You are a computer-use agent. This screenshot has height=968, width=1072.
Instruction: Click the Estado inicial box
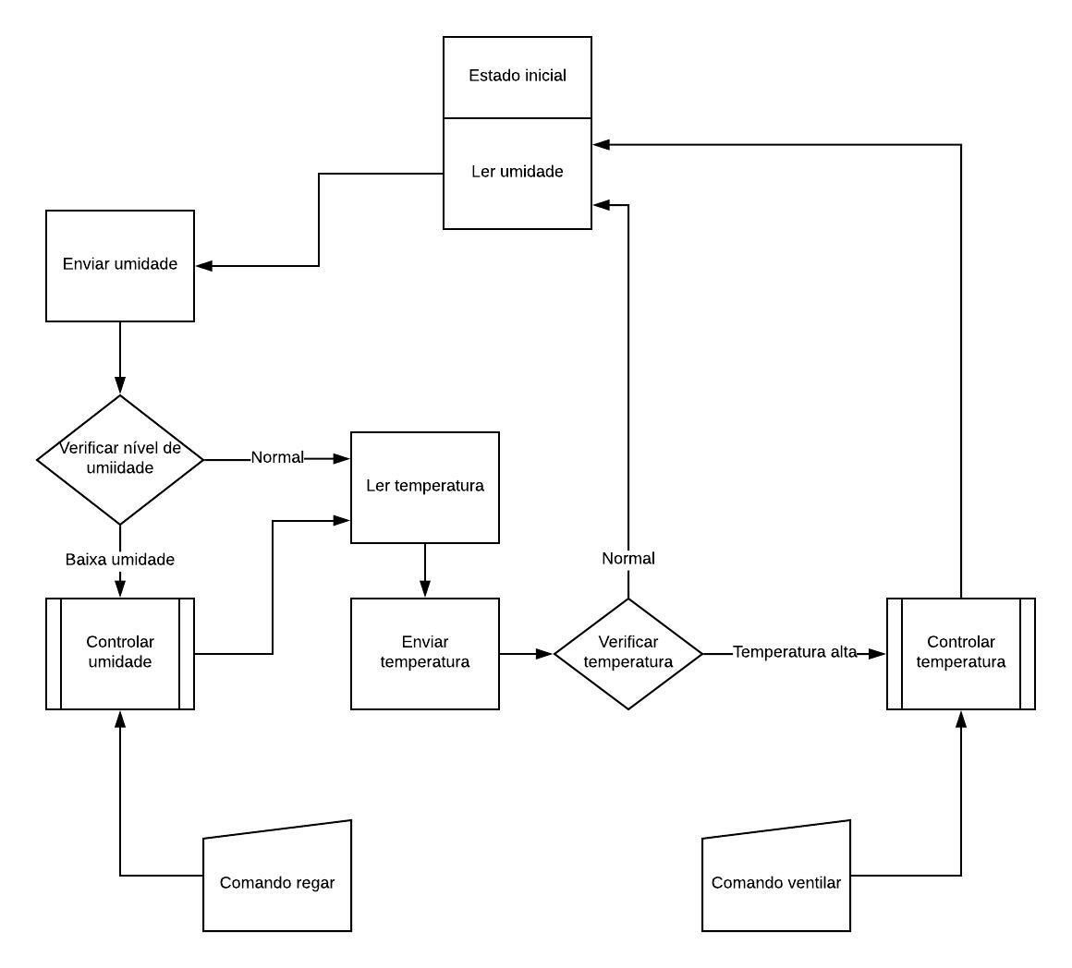(517, 78)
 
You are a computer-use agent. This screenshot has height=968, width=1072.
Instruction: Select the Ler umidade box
(517, 174)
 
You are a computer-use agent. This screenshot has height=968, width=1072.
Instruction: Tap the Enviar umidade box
(119, 266)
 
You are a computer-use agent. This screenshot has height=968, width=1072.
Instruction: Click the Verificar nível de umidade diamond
(119, 460)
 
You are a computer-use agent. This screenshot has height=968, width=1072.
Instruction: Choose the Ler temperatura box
(424, 487)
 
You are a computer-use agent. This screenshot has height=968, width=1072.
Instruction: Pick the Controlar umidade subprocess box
(119, 654)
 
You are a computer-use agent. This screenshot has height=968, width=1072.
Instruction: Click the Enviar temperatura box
(424, 654)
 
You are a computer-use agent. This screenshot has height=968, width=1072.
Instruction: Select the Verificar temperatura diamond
(628, 654)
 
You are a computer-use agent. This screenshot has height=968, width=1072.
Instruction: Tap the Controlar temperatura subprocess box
(960, 654)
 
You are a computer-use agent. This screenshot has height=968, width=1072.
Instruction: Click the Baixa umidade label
(119, 560)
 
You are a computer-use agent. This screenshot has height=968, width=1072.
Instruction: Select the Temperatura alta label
(795, 652)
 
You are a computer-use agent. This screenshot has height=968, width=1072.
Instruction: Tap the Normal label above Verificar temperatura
(628, 558)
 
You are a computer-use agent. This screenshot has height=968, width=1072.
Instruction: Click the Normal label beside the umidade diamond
(277, 457)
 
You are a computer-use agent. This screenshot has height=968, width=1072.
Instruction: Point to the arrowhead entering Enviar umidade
(203, 266)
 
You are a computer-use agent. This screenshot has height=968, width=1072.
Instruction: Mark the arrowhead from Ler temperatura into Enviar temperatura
(424, 588)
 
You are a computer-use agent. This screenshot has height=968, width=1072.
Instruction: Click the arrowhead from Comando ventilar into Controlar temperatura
(960, 720)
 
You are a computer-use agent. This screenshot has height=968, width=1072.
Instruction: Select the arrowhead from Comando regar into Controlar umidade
(119, 720)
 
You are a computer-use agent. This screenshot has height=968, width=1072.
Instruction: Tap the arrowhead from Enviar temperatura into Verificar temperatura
(544, 654)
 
